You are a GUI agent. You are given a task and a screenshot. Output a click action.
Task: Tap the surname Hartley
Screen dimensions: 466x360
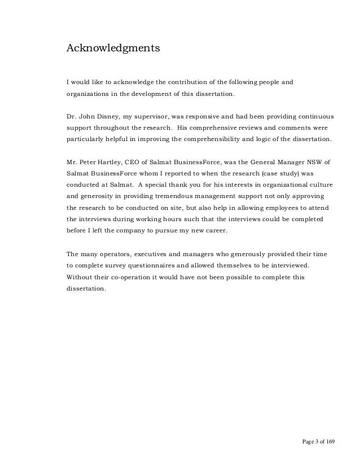pos(118,162)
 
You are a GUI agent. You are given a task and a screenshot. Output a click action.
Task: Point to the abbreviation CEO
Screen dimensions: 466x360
pos(144,162)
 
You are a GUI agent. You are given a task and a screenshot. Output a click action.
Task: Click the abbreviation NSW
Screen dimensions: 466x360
pos(318,162)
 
